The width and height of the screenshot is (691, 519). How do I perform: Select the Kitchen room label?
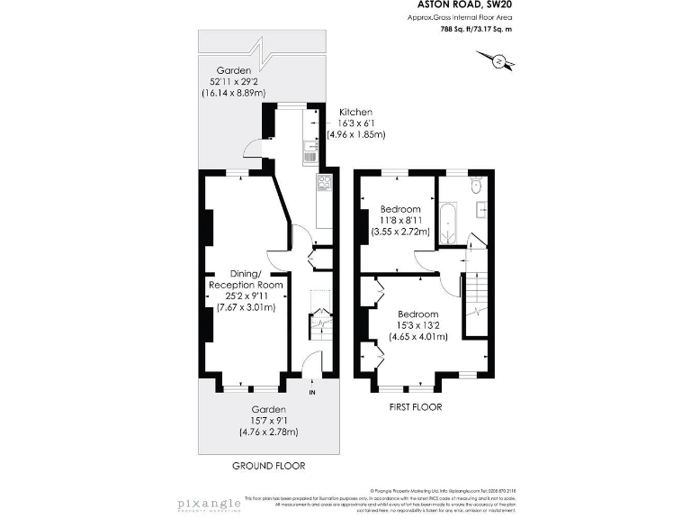click(x=355, y=112)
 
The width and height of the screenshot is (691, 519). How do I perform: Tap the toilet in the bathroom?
click(x=478, y=186)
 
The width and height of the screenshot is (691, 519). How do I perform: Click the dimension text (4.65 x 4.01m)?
click(x=417, y=337)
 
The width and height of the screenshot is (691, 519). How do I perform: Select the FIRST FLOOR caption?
click(x=414, y=406)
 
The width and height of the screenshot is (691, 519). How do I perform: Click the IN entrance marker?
click(x=312, y=393)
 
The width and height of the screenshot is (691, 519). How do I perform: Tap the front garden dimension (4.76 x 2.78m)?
click(x=268, y=432)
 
